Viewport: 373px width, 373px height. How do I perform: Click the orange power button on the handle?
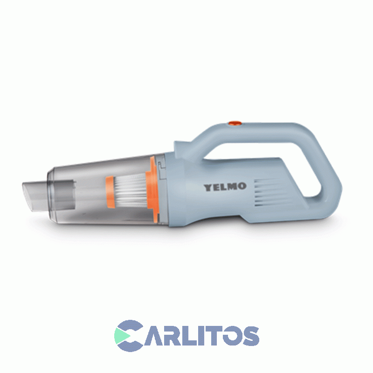[234, 124]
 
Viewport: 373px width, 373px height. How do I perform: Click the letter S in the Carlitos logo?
[249, 335]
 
